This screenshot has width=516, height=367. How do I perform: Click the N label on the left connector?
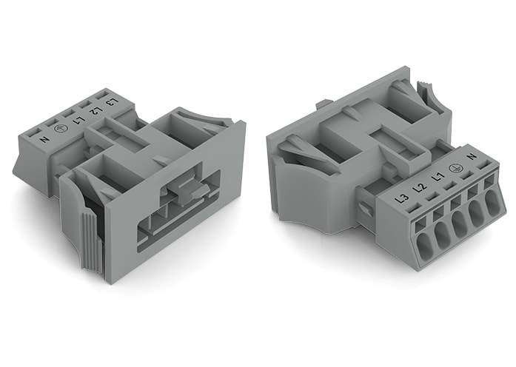[x=44, y=139]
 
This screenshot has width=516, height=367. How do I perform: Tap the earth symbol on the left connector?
[x=61, y=129]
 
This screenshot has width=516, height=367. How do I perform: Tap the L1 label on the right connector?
[x=437, y=178]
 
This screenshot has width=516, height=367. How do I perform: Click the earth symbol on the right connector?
[x=455, y=167]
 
